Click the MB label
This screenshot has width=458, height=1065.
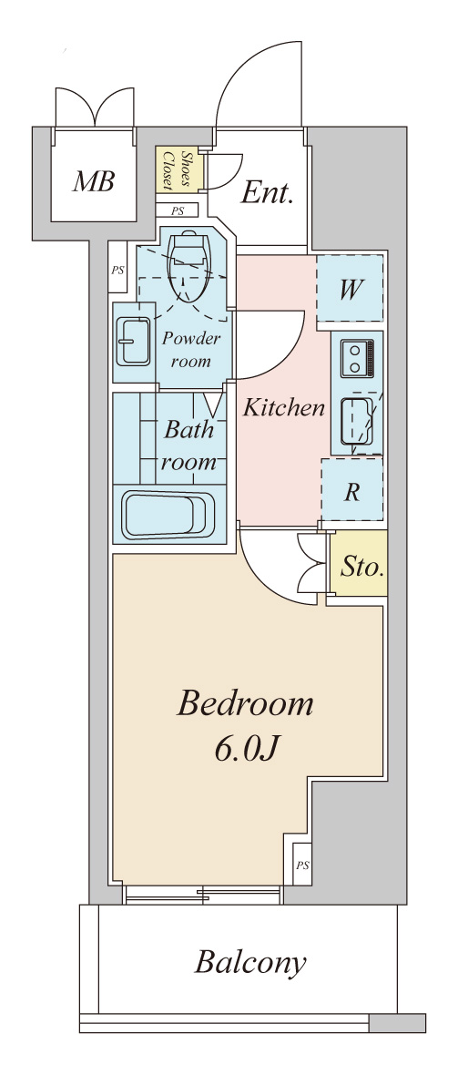point(94,181)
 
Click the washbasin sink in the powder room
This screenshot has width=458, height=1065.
point(132,342)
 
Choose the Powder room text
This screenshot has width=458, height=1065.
point(191,349)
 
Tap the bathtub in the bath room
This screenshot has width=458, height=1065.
point(168,515)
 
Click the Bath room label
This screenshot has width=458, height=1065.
point(189,445)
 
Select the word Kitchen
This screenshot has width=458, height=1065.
point(283,408)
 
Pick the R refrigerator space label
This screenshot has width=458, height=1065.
point(351,492)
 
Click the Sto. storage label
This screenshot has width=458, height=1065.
point(361,569)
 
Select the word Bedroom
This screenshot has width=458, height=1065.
point(246,704)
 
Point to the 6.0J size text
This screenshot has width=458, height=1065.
point(246,752)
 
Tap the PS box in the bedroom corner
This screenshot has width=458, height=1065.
point(301,864)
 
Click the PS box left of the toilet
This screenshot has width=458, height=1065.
point(117,271)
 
